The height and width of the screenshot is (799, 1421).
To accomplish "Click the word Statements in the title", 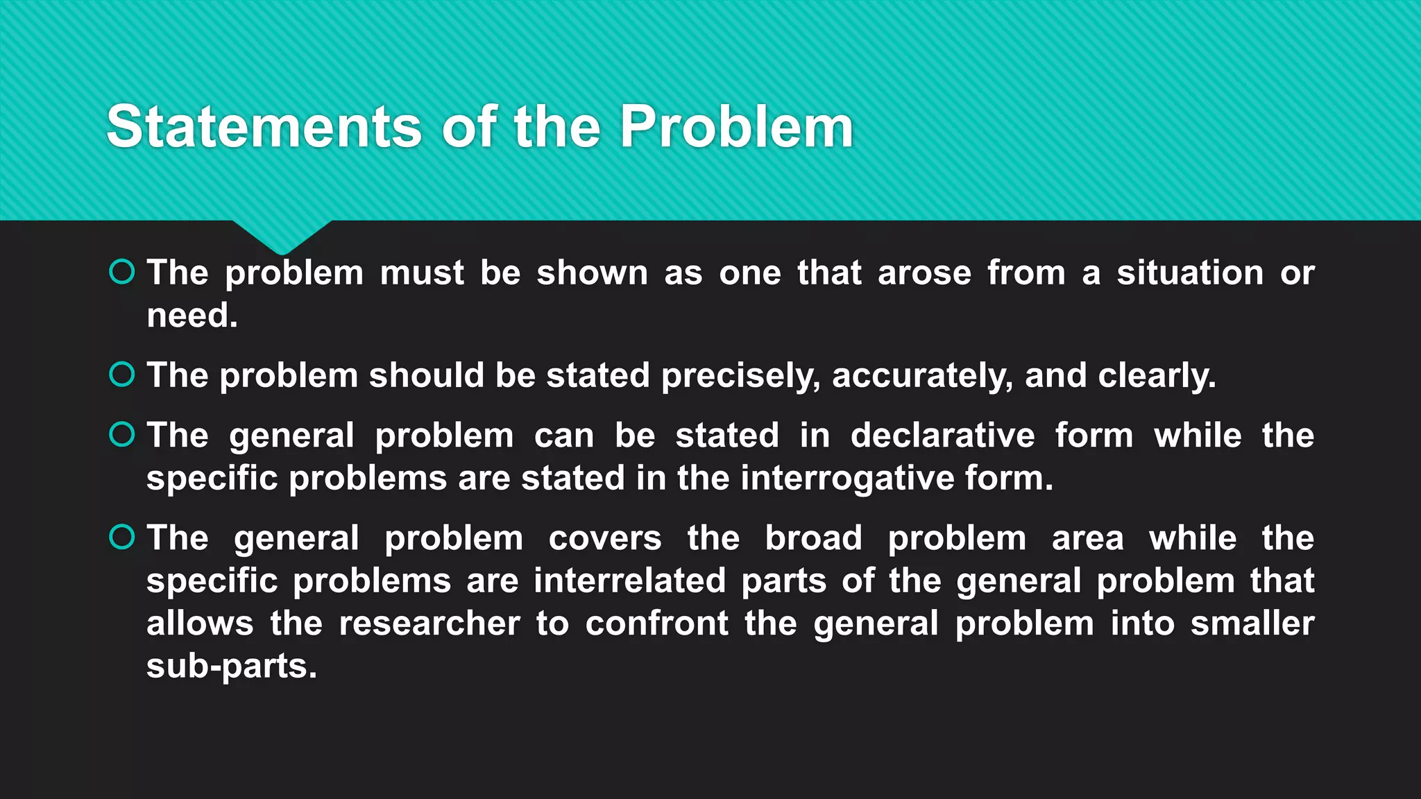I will (x=264, y=127).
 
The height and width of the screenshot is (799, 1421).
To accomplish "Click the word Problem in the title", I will (x=735, y=127).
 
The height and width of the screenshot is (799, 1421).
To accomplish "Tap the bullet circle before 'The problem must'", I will (x=122, y=272).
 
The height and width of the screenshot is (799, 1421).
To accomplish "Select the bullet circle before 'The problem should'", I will (x=122, y=375).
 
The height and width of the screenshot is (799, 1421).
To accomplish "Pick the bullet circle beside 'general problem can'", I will (x=122, y=435).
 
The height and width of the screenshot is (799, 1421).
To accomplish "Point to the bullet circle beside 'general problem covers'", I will (x=122, y=537).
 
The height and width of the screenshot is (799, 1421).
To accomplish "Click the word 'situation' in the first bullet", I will (x=1190, y=273).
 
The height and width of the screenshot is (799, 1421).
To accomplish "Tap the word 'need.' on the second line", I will (x=192, y=316).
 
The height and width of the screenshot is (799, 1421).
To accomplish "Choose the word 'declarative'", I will (x=942, y=436).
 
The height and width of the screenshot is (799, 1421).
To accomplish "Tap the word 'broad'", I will (x=813, y=538).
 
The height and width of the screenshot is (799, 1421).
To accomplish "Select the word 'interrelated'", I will (x=629, y=581).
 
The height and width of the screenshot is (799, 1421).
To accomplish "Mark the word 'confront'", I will (x=656, y=624).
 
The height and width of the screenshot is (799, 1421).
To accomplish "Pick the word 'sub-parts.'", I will (x=231, y=667).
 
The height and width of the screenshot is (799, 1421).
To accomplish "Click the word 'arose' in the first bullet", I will (x=924, y=273).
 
